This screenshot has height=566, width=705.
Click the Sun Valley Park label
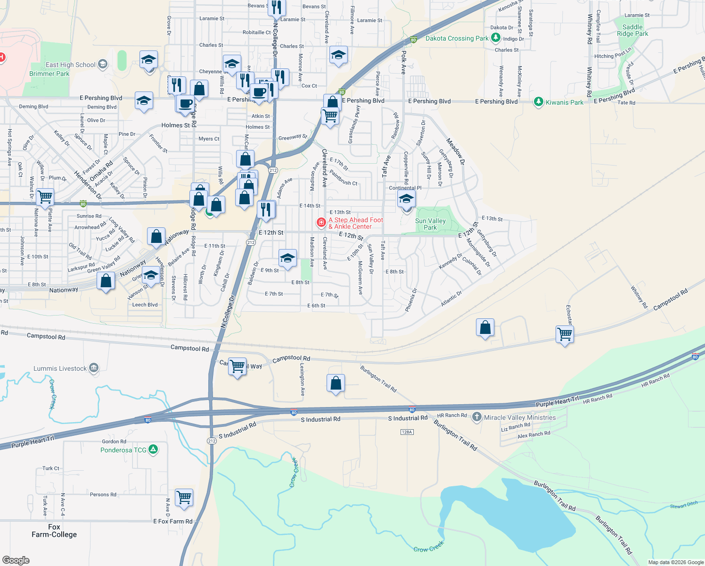pos(430,224)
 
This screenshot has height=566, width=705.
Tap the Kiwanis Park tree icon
pos(538,102)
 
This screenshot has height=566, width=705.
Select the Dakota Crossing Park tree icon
pos(495,38)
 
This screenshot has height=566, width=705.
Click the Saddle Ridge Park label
pos(632,30)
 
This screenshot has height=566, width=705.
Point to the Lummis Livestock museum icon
pos(94,368)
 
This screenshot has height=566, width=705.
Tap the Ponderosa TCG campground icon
pos(153,449)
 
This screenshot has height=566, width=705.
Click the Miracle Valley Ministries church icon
pos(476,417)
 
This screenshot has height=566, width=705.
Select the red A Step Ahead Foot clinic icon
pos(321,222)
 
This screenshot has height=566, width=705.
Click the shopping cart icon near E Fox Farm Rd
pos(184,497)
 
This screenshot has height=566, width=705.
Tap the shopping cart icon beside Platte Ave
pos(45,197)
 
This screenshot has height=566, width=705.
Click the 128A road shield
pos(407,432)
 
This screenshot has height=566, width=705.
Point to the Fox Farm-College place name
pos(54,531)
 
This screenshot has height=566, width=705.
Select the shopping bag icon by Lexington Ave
pos(336,383)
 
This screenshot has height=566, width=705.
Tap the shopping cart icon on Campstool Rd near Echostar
pos(565,334)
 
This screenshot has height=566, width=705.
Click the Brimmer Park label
pos(49,74)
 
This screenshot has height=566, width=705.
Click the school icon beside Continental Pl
pos(406,199)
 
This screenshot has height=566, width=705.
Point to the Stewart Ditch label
pos(683,505)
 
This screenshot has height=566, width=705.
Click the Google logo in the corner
pos(16,560)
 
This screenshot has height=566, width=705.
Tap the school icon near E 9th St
pos(287,258)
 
